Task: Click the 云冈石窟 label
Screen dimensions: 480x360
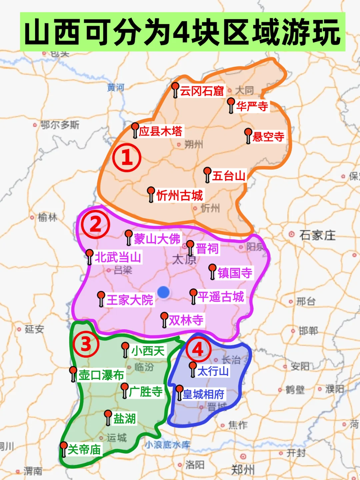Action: pos(202,91)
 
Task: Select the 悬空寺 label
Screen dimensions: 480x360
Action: pos(268,137)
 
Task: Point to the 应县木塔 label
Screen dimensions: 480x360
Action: pos(161,131)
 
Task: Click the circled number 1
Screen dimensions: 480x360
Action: pos(127,158)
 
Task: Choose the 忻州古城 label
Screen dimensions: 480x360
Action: pos(179,196)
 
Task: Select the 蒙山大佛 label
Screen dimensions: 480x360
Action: pos(157,239)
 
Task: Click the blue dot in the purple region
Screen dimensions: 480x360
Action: pos(163,292)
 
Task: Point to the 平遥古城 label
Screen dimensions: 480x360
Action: pos(221,297)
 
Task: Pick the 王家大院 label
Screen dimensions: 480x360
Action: pos(130,300)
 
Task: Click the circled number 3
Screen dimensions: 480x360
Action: pos(86,344)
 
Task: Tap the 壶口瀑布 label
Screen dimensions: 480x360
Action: pos(101,375)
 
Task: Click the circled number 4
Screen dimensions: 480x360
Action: pos(198,349)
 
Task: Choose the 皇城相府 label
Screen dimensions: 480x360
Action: pos(203,395)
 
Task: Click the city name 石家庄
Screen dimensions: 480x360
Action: pos(317,235)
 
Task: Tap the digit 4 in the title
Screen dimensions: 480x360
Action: pos(182,32)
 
